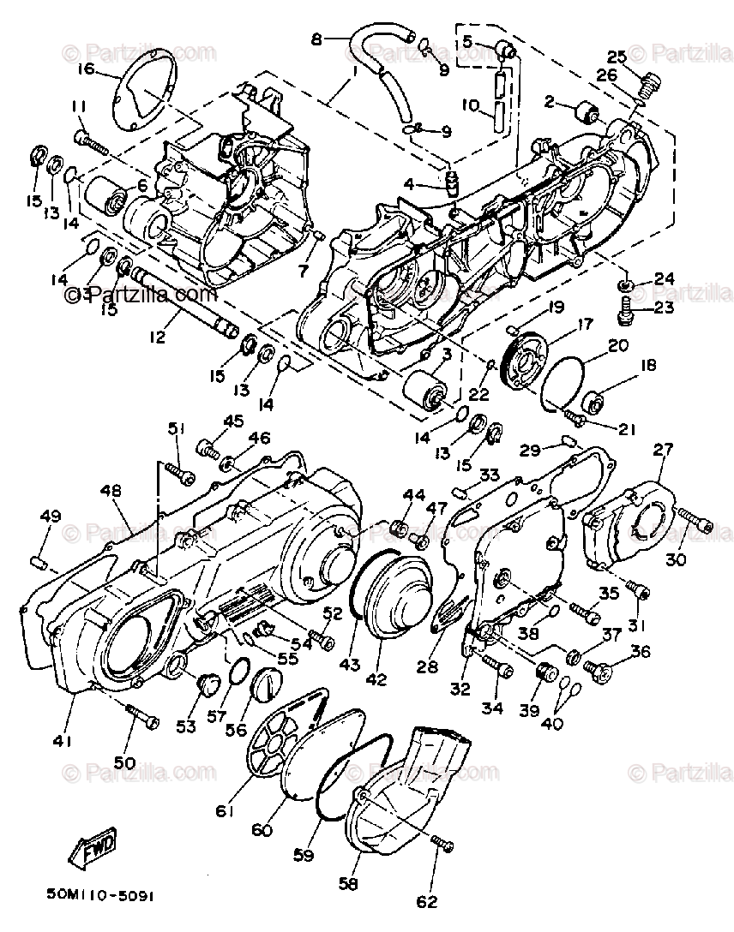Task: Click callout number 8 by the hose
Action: [316, 39]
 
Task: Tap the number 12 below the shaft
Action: [157, 338]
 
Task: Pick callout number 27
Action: [664, 449]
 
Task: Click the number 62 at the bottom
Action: [425, 900]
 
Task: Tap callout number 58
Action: [349, 882]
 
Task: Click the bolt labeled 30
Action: [695, 520]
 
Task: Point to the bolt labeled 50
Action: [142, 718]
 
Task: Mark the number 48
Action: [110, 491]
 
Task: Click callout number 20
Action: [618, 346]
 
